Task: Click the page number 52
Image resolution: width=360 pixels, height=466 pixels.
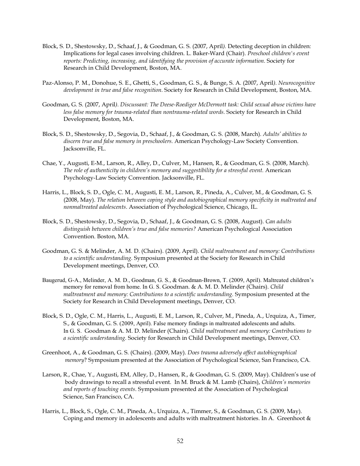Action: pos(180,441)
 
